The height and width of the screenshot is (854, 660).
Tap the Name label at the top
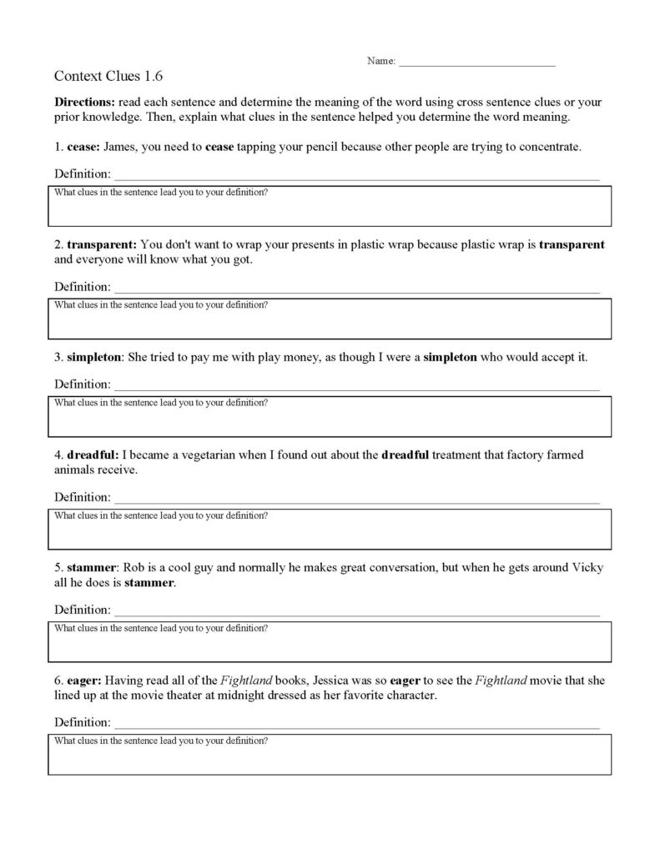[380, 62]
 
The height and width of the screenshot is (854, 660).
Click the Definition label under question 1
[82, 173]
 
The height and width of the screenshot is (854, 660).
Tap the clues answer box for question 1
[330, 208]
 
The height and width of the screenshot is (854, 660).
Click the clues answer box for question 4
[330, 529]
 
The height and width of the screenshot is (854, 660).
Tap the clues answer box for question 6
[330, 755]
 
